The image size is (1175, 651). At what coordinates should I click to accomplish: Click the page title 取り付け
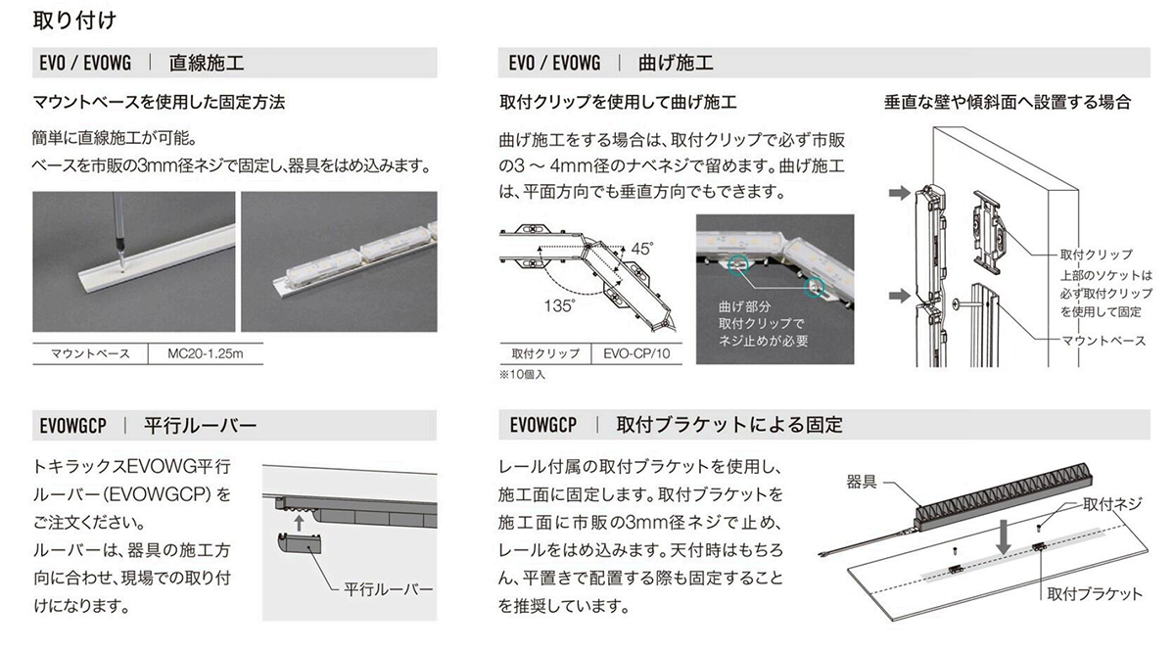(x=76, y=18)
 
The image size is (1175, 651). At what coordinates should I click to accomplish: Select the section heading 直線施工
(x=207, y=64)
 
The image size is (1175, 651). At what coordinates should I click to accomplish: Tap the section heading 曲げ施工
(x=676, y=64)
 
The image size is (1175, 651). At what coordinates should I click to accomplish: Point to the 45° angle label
(x=641, y=248)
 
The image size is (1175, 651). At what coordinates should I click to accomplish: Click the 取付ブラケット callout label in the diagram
(x=1094, y=593)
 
